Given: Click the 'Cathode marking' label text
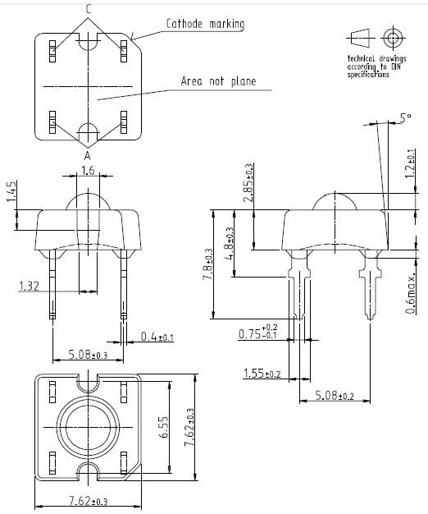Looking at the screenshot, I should pyautogui.click(x=205, y=24).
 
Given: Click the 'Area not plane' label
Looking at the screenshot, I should pyautogui.click(x=218, y=81).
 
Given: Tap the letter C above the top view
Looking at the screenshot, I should pyautogui.click(x=89, y=10).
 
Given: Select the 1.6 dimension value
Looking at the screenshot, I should pyautogui.click(x=88, y=171).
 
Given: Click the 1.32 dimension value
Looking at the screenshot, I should pyautogui.click(x=29, y=285).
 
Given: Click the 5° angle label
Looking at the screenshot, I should pyautogui.click(x=405, y=118).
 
